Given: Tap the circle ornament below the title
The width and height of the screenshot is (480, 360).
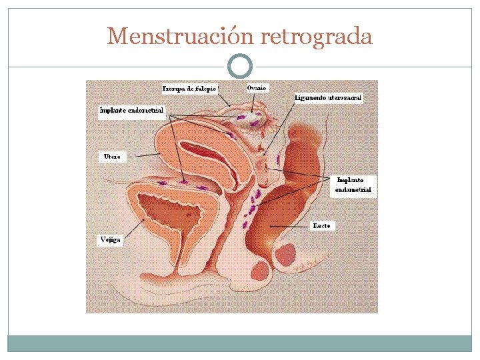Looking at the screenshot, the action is point(240,66).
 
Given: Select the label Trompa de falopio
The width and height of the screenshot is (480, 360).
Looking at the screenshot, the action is point(191,88).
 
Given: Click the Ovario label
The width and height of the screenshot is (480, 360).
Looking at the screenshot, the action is point(257,87).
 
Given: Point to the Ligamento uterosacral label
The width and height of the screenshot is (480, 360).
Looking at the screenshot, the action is point(328,97).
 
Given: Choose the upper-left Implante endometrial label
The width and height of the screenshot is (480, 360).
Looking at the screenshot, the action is point(131,110).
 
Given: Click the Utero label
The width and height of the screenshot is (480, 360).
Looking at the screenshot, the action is point(112,157).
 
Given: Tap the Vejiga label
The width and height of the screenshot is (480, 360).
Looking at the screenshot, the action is point(110,239).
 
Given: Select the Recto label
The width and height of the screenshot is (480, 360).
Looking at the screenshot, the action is point(321,226).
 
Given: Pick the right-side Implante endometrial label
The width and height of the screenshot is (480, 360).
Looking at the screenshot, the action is point(353,185).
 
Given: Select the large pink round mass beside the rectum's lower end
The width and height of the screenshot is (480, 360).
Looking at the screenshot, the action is point(286,255).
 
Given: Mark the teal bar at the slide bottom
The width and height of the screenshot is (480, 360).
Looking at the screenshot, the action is point(240,343).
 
